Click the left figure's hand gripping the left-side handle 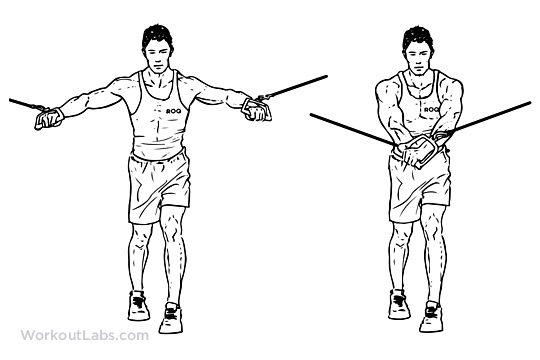coord(48,118)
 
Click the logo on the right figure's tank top coord(431,108)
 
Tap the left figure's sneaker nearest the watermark coord(137,304)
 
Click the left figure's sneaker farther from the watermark coord(170,318)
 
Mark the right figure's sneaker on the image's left coord(399,304)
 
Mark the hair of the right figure coord(418,34)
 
